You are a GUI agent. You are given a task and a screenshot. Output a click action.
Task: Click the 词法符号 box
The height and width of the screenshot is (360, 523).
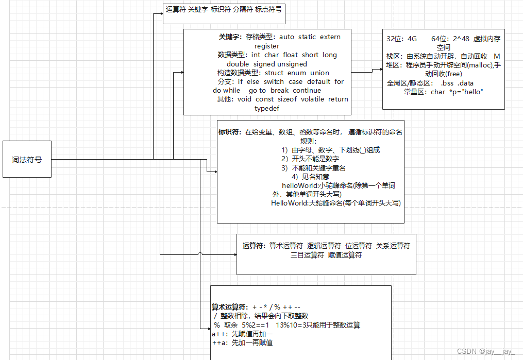tap(27, 159)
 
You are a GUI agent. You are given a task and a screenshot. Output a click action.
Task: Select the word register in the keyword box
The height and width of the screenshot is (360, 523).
tap(267, 46)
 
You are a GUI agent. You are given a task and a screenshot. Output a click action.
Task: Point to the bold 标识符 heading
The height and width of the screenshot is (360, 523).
tap(230, 132)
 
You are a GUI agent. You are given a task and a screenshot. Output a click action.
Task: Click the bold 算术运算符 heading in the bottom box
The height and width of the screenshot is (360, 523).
tap(230, 306)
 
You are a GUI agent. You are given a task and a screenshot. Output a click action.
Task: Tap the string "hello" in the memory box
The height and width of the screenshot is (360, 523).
tap(473, 92)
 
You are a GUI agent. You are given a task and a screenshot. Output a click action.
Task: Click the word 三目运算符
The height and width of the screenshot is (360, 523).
tap(307, 255)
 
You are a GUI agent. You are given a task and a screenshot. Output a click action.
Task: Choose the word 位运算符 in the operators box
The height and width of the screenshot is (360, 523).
tap(359, 246)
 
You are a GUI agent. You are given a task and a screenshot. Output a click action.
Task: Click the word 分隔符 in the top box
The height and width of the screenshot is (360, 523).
tap(243, 9)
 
